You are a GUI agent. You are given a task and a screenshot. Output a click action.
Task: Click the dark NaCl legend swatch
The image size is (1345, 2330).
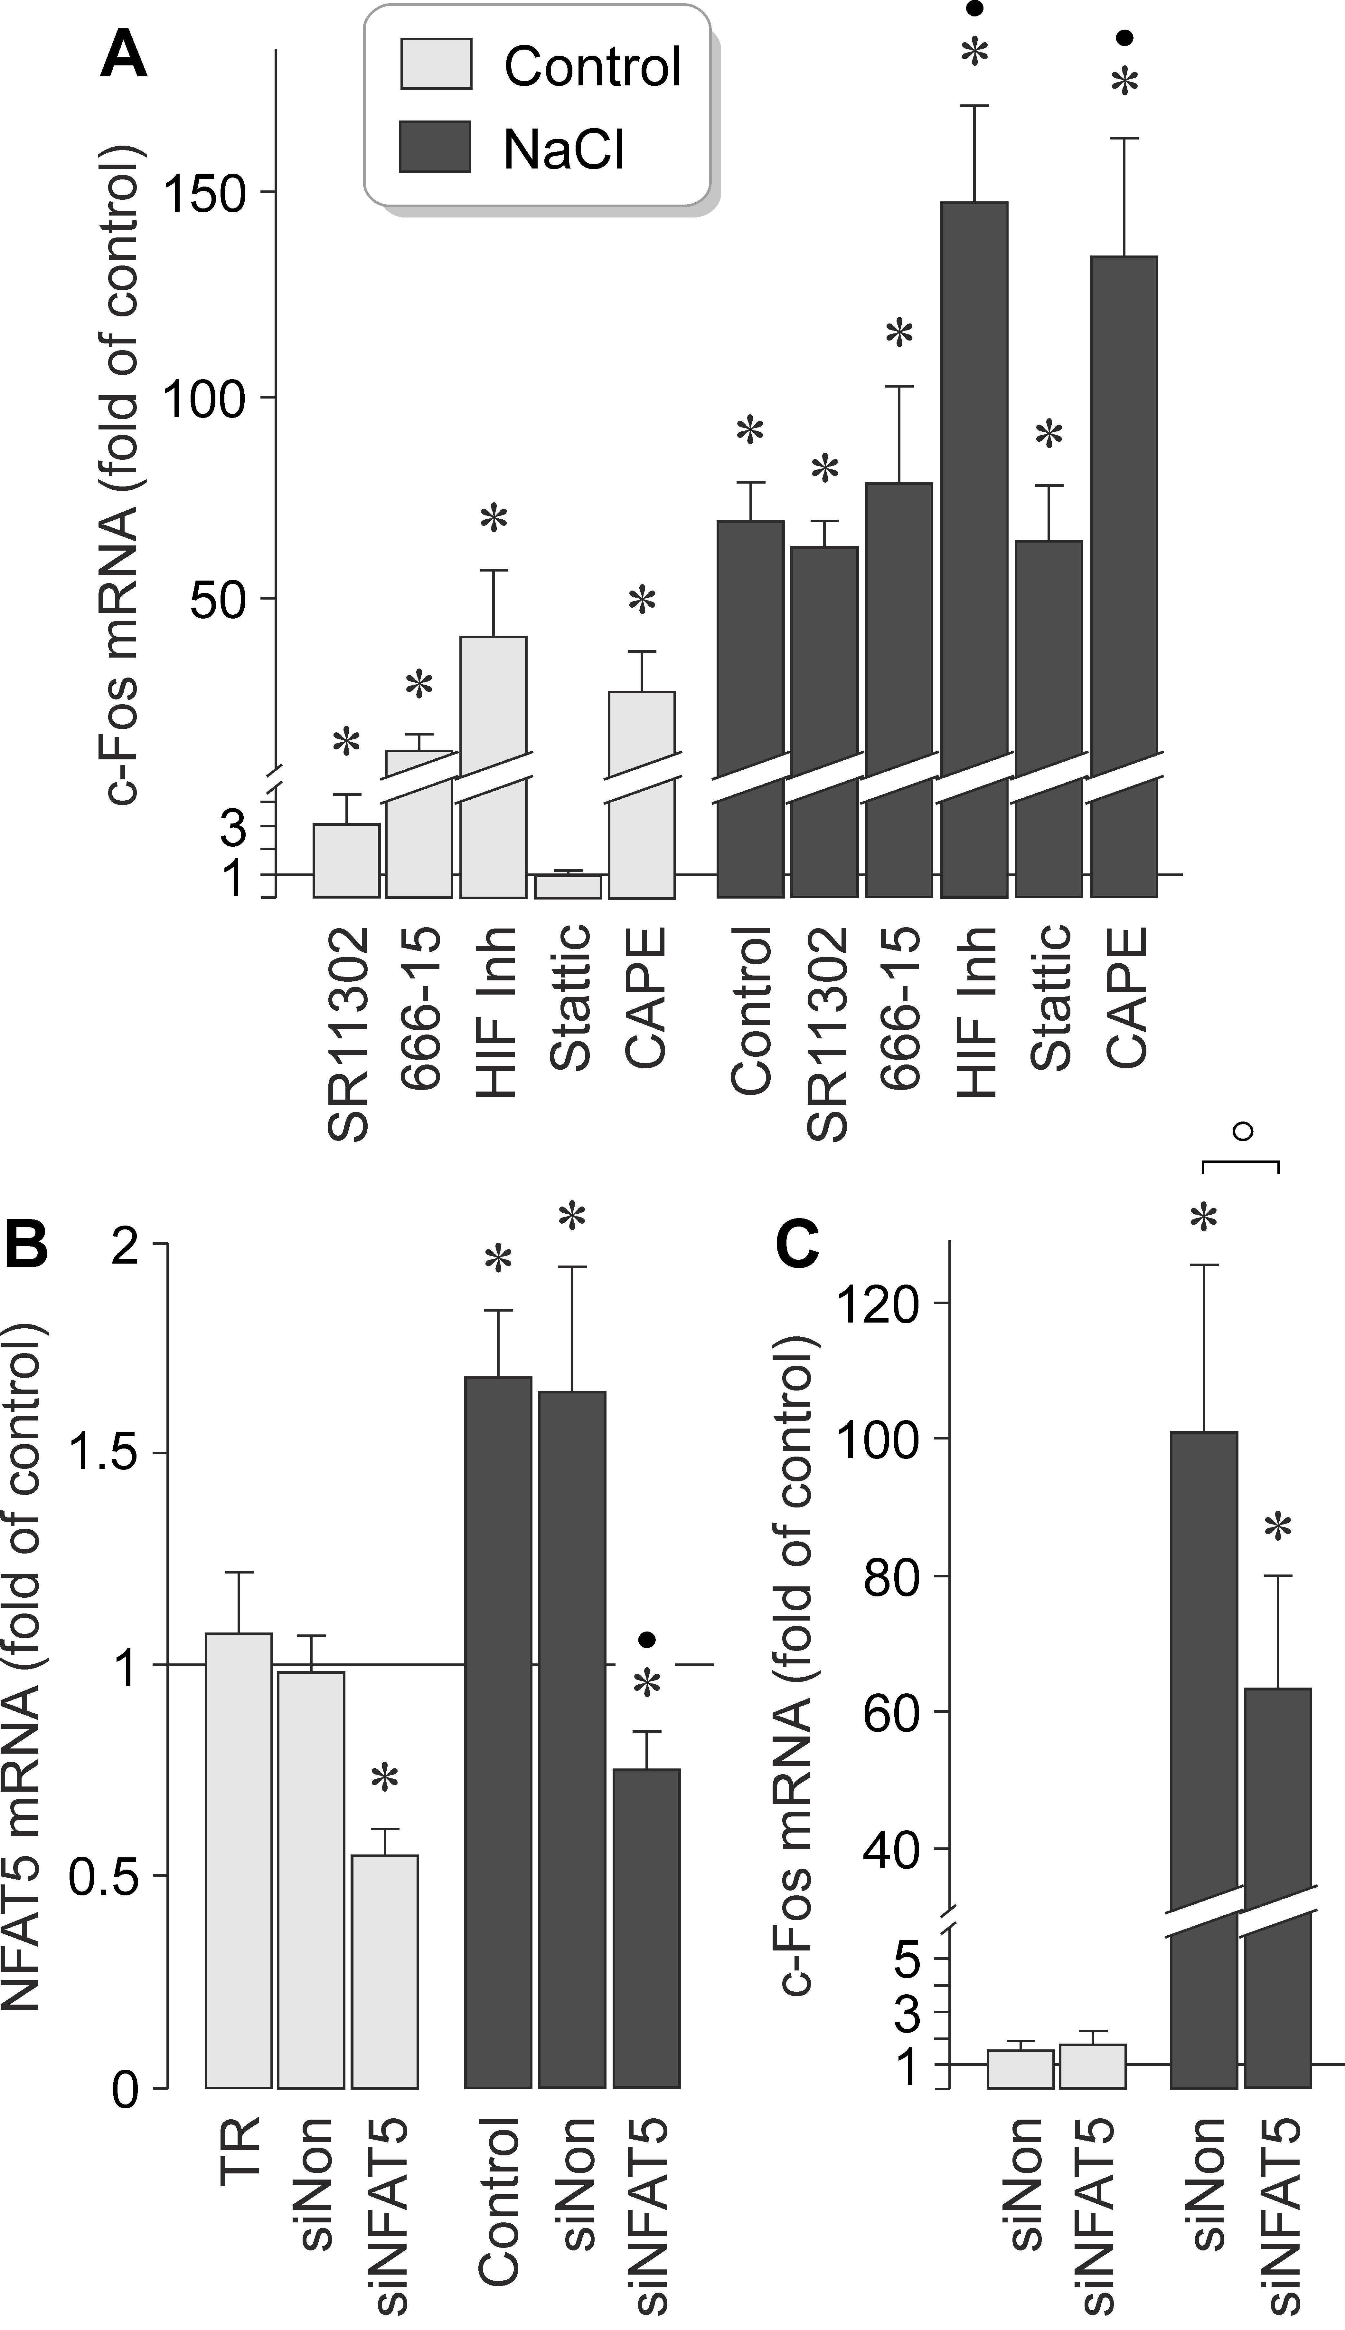click(435, 147)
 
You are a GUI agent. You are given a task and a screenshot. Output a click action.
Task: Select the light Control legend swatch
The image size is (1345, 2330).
click(435, 64)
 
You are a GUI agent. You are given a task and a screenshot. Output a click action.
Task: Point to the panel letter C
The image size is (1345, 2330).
click(797, 1243)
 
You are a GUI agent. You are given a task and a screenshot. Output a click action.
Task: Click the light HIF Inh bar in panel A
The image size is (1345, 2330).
click(493, 767)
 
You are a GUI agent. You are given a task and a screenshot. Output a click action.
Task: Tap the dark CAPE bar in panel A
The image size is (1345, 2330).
click(1123, 573)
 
